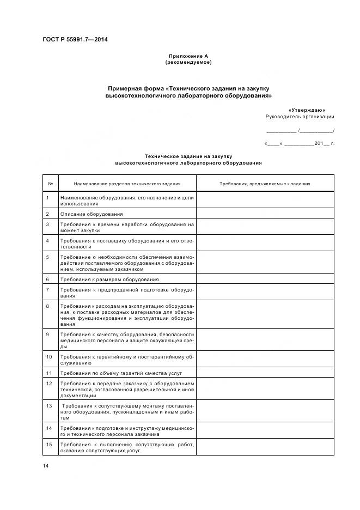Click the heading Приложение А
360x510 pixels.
coord(188,56)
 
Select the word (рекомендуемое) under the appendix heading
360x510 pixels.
coord(188,62)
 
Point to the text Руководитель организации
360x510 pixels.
coord(300,117)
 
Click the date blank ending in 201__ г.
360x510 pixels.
coord(299,144)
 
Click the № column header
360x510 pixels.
coord(50,184)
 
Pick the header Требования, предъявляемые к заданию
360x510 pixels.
coord(265,184)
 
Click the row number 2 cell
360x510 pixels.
coord(50,214)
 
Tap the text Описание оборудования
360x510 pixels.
coord(91,214)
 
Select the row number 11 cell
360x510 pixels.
coord(50,373)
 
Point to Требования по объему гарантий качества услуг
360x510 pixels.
coord(120,373)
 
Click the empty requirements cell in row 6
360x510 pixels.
coord(265,279)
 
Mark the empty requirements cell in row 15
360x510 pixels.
coord(265,447)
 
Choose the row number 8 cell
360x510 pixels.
coord(50,315)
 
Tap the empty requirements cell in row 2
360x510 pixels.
coord(265,214)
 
